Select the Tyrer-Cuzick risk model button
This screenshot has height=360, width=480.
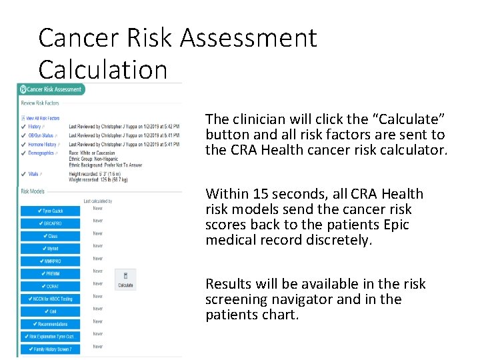pyautogui.click(x=50, y=211)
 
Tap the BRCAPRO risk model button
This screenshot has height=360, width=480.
pyautogui.click(x=50, y=223)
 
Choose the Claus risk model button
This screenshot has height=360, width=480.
pyautogui.click(x=50, y=236)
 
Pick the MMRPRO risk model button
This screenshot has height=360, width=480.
pyautogui.click(x=50, y=261)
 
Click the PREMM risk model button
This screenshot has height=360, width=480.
pyautogui.click(x=50, y=273)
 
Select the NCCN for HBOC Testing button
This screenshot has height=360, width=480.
pyautogui.click(x=50, y=299)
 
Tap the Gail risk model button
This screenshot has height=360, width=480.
pyautogui.click(x=50, y=311)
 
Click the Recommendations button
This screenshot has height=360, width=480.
pyautogui.click(x=50, y=324)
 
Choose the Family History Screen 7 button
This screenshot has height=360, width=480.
pyautogui.click(x=50, y=349)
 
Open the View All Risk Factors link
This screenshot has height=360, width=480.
pyautogui.click(x=43, y=118)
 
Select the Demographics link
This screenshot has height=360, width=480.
pyautogui.click(x=41, y=153)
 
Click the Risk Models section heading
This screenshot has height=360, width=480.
pyautogui.click(x=33, y=191)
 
